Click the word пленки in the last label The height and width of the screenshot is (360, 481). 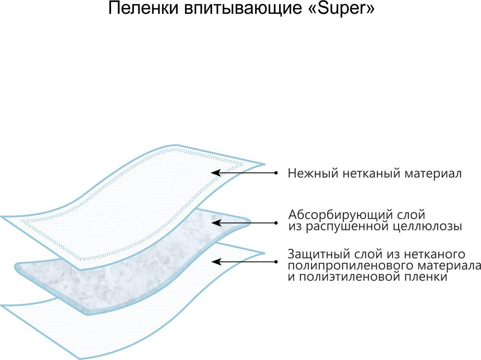click(x=426, y=277)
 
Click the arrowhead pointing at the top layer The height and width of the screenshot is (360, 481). click(x=215, y=173)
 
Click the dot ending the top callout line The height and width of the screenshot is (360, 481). click(x=276, y=173)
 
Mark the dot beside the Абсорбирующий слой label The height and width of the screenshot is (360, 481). click(x=276, y=223)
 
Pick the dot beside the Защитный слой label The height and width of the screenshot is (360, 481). click(x=276, y=261)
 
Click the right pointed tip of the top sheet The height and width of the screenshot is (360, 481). click(x=264, y=164)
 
